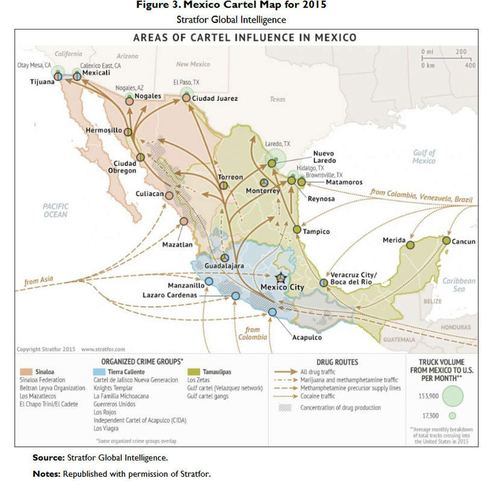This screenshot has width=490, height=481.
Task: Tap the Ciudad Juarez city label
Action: [x=215, y=98]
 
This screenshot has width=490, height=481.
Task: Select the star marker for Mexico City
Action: [x=281, y=278]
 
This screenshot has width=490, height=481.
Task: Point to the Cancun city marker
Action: [x=446, y=240]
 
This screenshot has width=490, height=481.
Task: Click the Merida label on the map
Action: [x=394, y=240]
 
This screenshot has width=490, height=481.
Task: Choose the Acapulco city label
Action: [x=307, y=337]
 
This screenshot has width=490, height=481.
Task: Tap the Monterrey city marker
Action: [x=264, y=182]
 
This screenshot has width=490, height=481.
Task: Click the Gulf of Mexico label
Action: [x=424, y=157]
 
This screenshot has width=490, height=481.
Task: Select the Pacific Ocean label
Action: [x=55, y=210]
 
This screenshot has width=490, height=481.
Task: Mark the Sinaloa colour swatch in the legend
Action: [x=26, y=372]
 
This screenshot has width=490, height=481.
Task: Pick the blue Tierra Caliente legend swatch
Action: [x=99, y=372]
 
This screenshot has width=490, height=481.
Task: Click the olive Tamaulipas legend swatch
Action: [x=193, y=372]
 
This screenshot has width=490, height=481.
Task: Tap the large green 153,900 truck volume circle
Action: [x=452, y=396]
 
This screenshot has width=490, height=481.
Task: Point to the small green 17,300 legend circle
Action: [x=452, y=416]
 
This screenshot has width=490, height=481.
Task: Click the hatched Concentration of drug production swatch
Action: [x=285, y=408]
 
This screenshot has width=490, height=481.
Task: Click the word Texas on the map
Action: [x=277, y=99]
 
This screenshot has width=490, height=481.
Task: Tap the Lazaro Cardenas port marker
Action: [x=236, y=296]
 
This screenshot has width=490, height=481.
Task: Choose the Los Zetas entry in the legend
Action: [x=198, y=380]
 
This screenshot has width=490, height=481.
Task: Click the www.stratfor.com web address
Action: [x=103, y=349]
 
